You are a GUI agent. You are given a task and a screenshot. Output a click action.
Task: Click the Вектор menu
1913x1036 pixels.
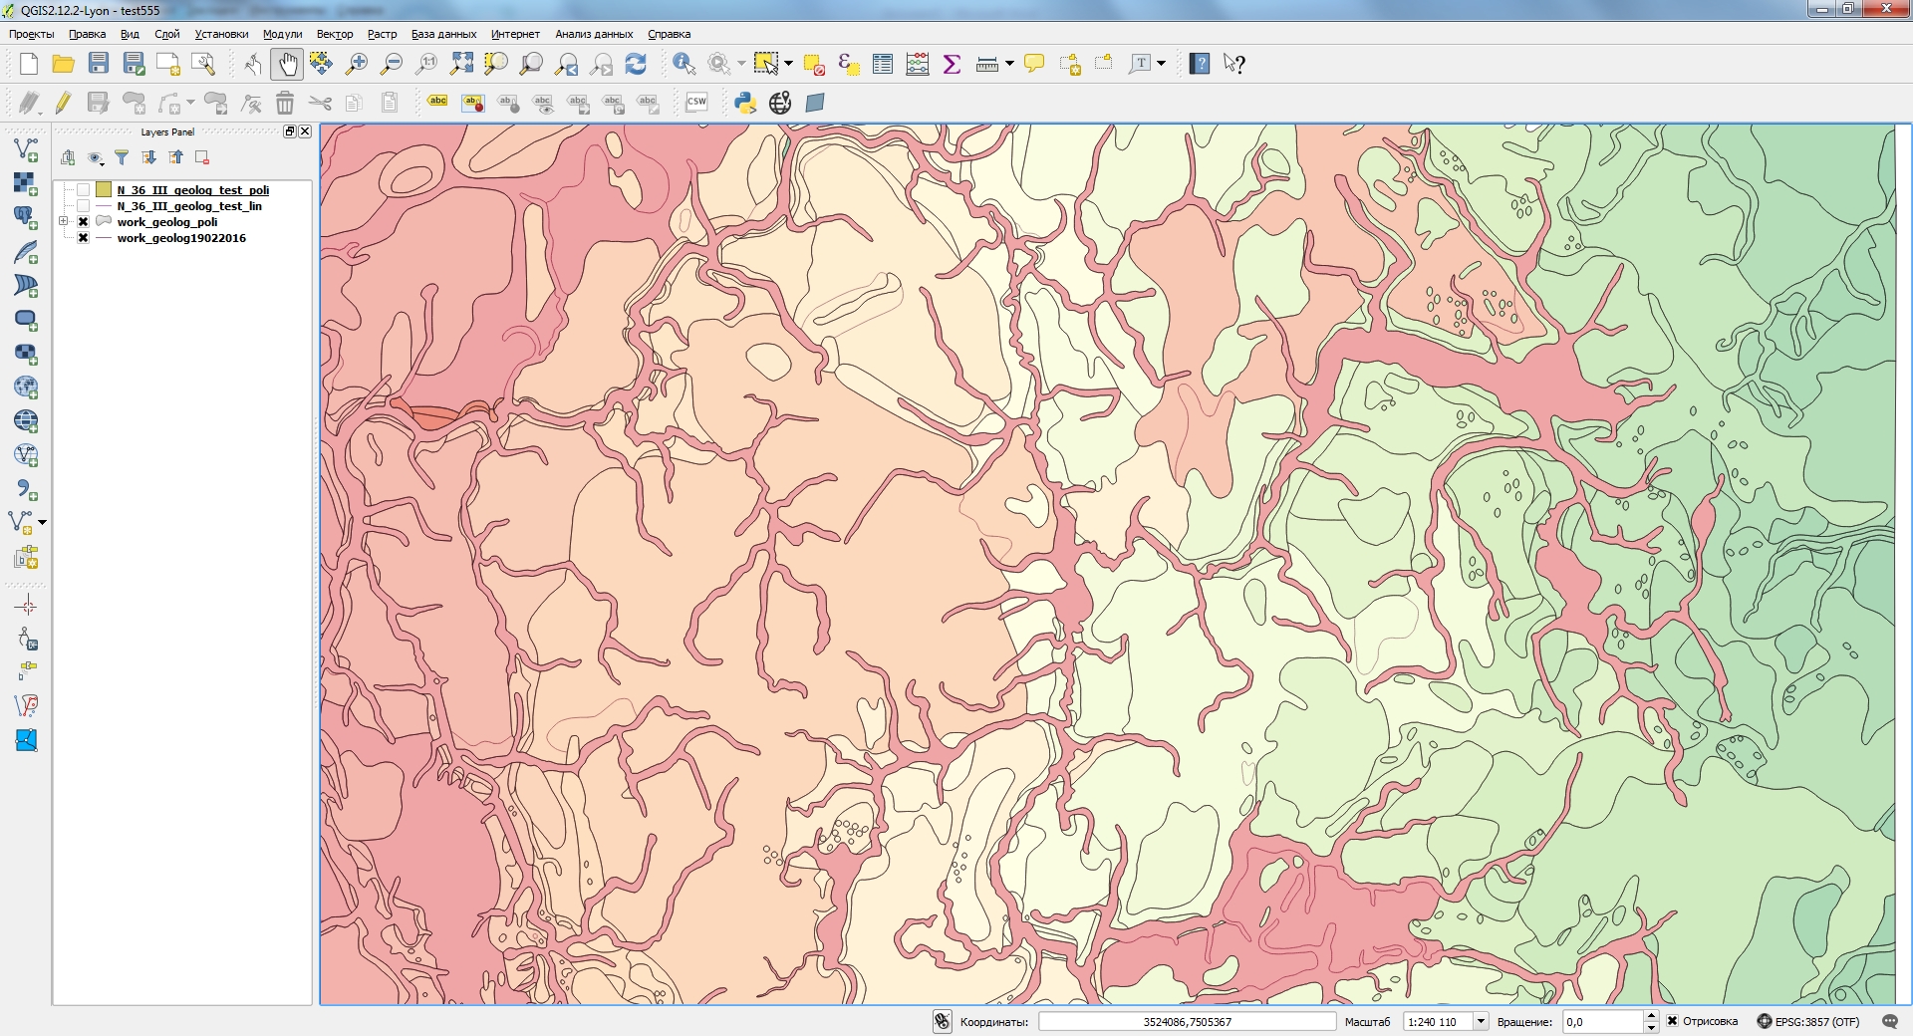point(334,34)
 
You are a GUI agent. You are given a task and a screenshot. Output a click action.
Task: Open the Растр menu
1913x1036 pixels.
point(382,34)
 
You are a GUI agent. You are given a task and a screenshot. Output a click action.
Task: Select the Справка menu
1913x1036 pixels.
point(669,34)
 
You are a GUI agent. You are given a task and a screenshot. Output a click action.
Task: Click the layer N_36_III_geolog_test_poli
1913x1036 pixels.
point(192,190)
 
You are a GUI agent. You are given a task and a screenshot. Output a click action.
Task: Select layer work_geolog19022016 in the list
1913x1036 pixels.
point(180,238)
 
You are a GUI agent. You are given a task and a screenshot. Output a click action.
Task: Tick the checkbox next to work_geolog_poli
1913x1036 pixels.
point(84,222)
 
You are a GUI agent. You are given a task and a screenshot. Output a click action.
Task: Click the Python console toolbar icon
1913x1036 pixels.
point(744,103)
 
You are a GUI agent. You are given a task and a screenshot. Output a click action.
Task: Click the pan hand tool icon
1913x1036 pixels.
point(287,65)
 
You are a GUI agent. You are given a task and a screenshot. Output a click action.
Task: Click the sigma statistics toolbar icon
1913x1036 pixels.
point(952,65)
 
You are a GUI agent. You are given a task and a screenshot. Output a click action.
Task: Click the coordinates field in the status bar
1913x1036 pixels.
point(1186,1022)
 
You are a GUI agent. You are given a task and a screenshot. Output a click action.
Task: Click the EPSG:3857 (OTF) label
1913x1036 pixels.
point(1816,1022)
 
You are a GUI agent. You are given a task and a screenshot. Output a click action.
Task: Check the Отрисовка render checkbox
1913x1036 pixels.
point(1673,1021)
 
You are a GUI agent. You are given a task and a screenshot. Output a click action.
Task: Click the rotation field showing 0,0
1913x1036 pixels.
point(1601,1022)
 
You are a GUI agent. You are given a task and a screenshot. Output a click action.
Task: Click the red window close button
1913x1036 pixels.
point(1885,9)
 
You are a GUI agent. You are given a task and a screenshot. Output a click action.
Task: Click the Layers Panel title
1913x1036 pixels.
point(167,131)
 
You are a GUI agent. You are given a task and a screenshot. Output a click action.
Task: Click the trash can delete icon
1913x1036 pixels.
point(285,103)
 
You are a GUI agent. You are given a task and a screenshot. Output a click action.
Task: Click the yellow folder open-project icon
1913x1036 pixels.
point(63,65)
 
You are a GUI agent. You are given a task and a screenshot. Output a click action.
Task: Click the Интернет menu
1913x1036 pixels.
point(514,34)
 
